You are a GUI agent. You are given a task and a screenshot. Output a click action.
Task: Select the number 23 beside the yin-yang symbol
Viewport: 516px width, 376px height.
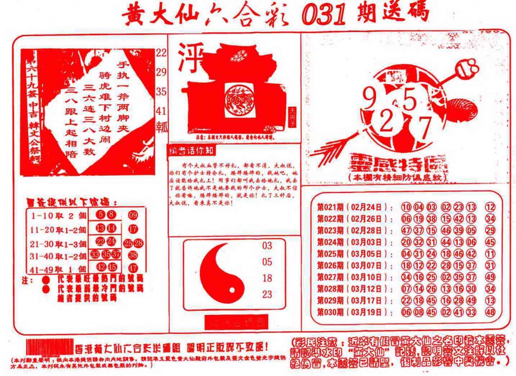267,294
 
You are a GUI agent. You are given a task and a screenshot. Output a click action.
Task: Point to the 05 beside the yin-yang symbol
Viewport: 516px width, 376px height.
267,262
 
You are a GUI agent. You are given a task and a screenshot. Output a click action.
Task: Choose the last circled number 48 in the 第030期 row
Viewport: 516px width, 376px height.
490,313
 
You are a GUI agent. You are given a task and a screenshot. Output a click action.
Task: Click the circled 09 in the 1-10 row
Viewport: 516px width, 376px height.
133,215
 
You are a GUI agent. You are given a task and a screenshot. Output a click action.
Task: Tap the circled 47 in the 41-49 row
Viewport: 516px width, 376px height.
133,268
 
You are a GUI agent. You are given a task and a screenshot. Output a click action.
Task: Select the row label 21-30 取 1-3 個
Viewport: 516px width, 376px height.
58,243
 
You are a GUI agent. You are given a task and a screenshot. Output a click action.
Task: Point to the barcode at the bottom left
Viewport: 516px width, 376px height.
50,345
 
